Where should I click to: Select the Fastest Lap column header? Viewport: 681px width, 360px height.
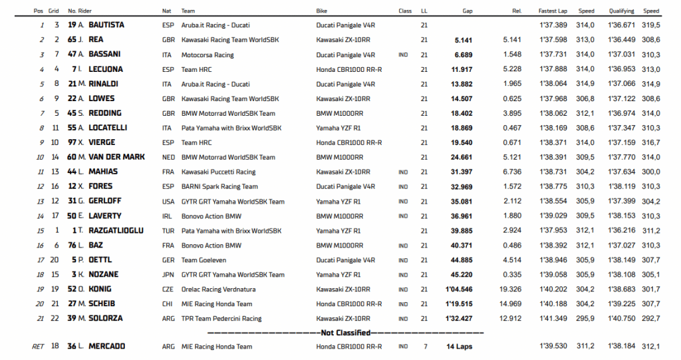(552, 11)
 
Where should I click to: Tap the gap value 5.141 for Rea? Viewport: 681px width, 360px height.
(463, 40)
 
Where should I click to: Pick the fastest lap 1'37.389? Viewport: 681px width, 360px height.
(552, 25)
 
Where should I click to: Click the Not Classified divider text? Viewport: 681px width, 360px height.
(345, 332)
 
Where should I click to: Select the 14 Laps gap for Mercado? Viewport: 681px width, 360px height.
(460, 347)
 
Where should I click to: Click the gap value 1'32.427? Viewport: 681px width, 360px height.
(459, 319)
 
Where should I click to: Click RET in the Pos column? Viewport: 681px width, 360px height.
(38, 347)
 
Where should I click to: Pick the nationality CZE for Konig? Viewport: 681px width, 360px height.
(168, 289)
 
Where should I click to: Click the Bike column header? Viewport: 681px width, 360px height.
(322, 11)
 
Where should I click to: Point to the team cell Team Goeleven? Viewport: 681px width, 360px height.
(204, 260)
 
